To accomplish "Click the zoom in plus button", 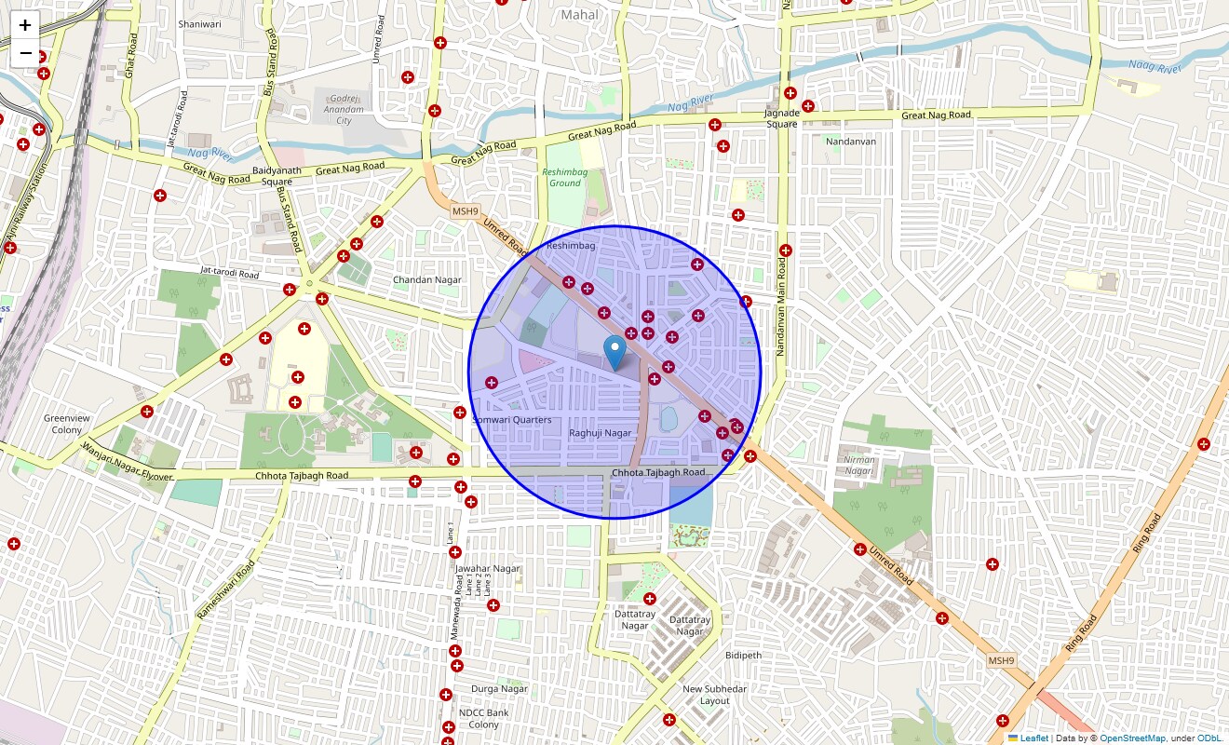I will point(25,26).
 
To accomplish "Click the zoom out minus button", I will point(25,53).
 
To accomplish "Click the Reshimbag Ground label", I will point(564,178).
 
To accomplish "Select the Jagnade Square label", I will point(782,118).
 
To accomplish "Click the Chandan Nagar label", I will point(426,279).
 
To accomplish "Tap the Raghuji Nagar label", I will point(600,433).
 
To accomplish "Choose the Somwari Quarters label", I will point(512,420).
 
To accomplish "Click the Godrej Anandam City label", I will point(344,109).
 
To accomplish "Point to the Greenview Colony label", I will point(67,424).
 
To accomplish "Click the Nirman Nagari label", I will point(858,465).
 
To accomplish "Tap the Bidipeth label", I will point(743,655).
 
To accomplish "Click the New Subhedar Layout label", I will point(714,695).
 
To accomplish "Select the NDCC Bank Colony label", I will point(483,719).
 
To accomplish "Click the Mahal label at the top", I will point(580,15).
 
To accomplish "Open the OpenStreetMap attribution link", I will point(1132,738).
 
